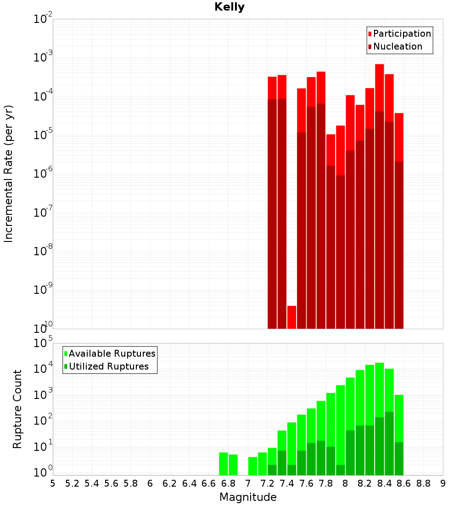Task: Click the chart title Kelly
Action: (229, 7)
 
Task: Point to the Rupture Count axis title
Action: (17, 409)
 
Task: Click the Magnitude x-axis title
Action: (248, 497)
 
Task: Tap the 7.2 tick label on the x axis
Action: (268, 483)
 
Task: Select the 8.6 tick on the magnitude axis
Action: (404, 483)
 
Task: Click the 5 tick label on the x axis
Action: (53, 483)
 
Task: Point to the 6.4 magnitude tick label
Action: (190, 483)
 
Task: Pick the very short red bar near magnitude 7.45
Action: (291, 317)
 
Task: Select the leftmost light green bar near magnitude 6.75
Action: (224, 464)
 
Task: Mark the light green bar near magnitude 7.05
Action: (253, 466)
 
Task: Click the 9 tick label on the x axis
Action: (443, 483)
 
